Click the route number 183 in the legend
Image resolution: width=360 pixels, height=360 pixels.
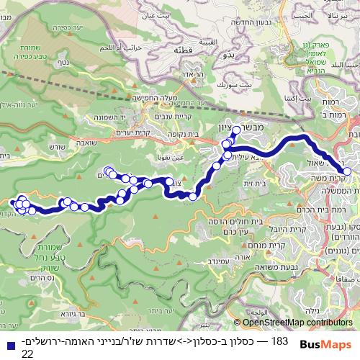point(280,320)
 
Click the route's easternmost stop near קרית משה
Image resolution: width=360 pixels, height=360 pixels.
point(347,171)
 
